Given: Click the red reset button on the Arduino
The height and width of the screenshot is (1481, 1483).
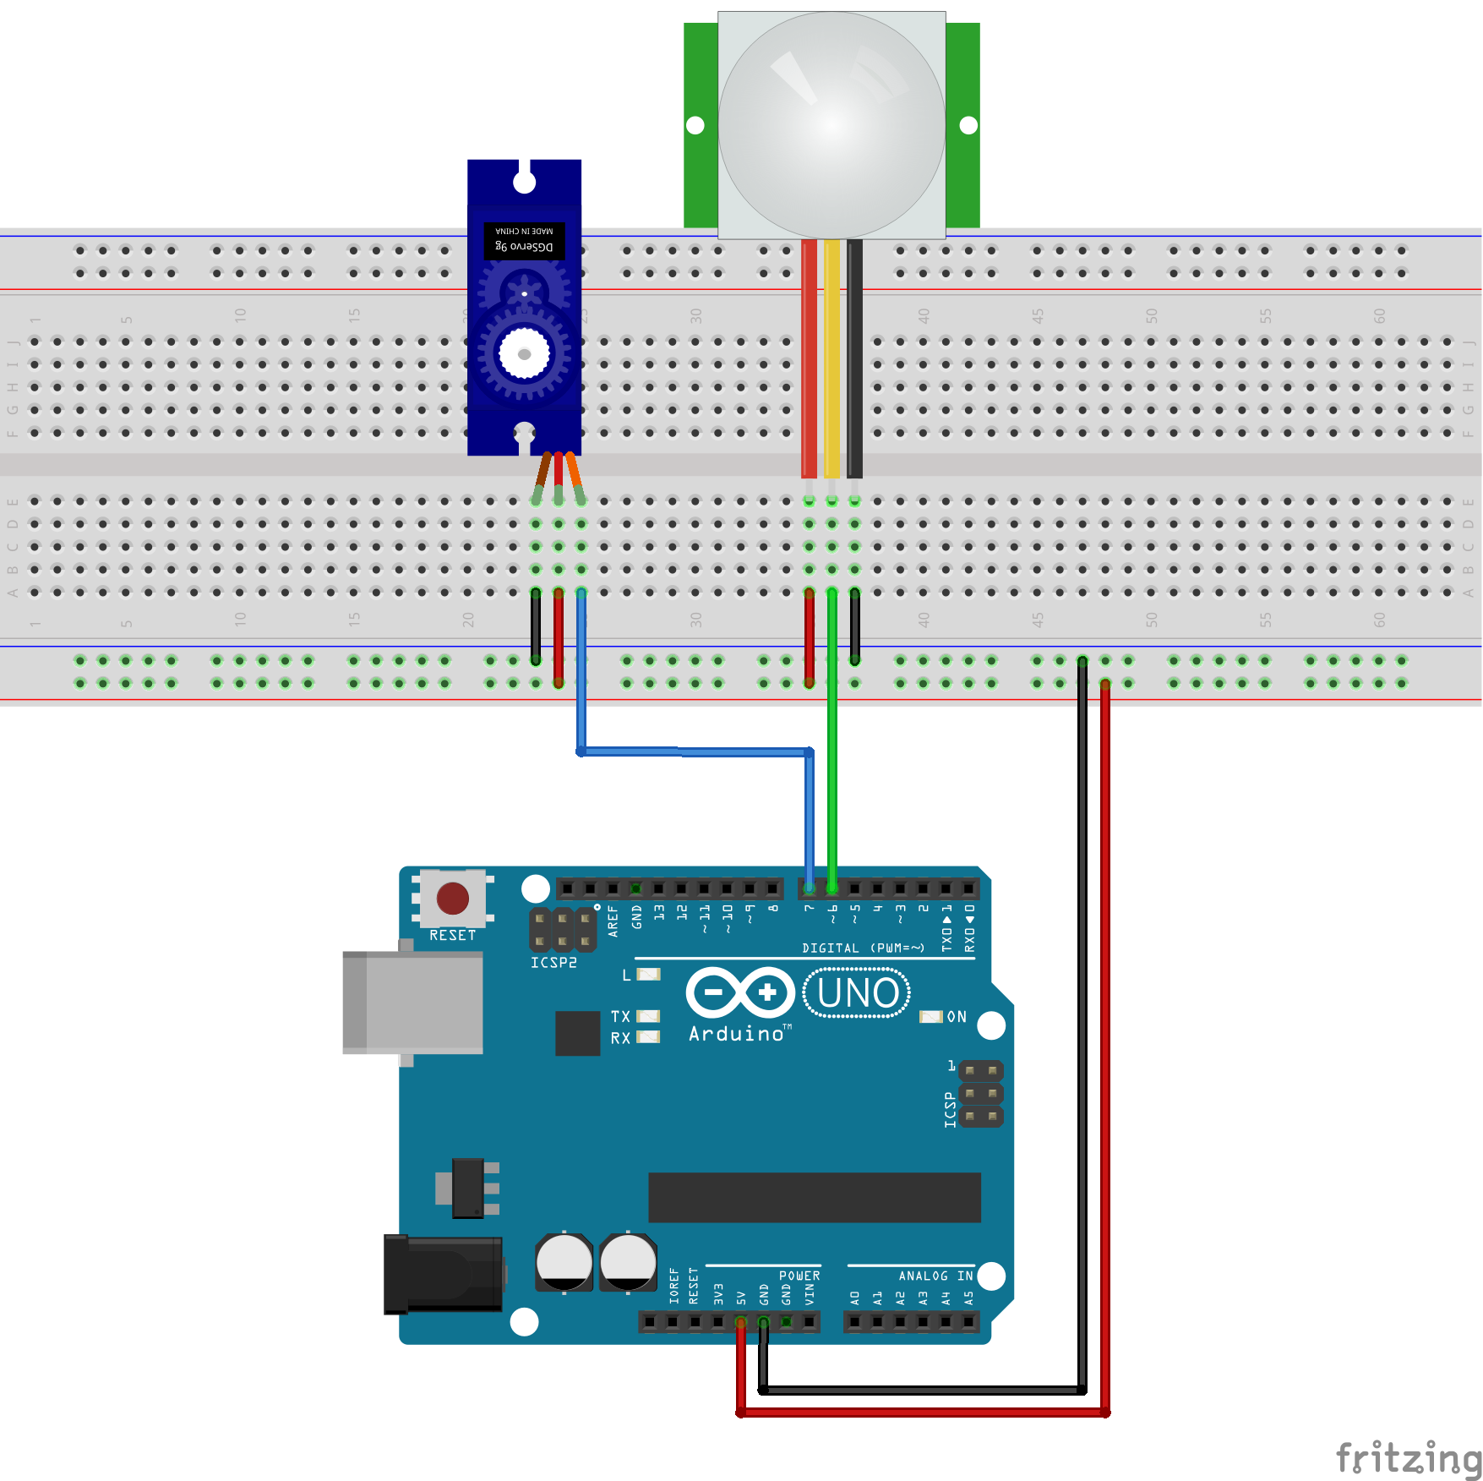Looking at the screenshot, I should tap(453, 899).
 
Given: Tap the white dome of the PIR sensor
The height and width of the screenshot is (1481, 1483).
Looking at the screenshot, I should tap(831, 125).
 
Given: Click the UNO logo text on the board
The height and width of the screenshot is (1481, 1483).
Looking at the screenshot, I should tap(857, 993).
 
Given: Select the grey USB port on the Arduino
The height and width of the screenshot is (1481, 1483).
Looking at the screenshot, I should tap(413, 1003).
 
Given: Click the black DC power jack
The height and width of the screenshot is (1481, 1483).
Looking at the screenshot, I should tap(443, 1274).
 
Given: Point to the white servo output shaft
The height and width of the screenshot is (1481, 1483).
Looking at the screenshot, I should tap(524, 353).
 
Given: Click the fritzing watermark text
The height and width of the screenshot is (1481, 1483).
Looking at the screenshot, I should tap(1408, 1458).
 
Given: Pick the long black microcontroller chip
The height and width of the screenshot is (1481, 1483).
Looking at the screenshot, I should tap(814, 1197).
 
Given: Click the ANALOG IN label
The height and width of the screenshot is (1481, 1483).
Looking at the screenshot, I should tap(935, 1276).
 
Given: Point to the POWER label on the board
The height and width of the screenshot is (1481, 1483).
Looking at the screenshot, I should tap(799, 1276).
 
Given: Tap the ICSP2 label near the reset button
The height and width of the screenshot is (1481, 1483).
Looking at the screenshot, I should tap(553, 963).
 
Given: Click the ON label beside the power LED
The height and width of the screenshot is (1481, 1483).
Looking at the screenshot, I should tap(957, 1017).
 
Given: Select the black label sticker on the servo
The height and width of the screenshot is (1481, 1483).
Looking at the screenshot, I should tap(524, 240).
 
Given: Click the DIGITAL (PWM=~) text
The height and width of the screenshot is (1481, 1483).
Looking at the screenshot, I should tap(863, 948).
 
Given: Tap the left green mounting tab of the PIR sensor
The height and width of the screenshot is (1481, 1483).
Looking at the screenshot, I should tap(700, 125).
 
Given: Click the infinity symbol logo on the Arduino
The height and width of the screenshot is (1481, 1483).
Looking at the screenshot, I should tap(740, 992).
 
